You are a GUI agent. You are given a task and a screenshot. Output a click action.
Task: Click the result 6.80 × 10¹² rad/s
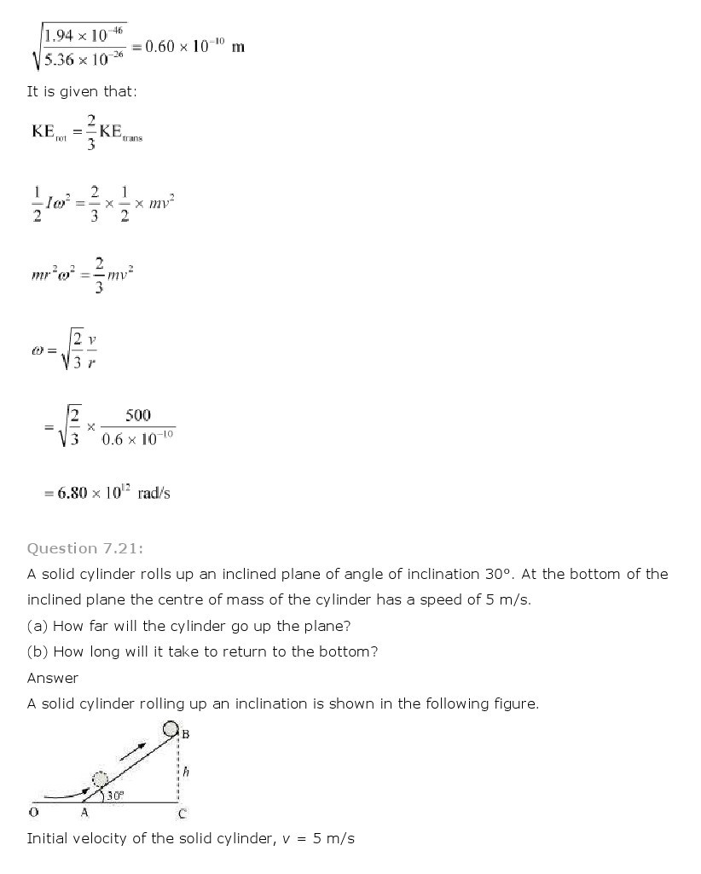[x=108, y=493]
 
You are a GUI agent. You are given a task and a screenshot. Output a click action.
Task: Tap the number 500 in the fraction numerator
[x=137, y=415]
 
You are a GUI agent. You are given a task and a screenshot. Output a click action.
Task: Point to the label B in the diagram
[x=185, y=733]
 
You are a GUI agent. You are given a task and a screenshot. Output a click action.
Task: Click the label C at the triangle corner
[x=182, y=813]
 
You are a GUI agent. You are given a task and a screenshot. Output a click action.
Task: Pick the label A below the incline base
[x=84, y=813]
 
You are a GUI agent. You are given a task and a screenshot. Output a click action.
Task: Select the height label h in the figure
[x=186, y=773]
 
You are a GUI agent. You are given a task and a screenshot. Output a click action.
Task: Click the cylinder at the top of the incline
[x=171, y=729]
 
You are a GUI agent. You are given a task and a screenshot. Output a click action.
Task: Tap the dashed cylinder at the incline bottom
[x=100, y=780]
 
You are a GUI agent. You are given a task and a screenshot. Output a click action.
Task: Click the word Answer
[x=53, y=678]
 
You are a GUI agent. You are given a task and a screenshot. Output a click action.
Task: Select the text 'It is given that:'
[x=82, y=91]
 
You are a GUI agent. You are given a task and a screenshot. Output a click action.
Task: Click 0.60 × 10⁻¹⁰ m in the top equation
[x=194, y=46]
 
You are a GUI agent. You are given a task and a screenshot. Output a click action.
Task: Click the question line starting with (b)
[x=202, y=651]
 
